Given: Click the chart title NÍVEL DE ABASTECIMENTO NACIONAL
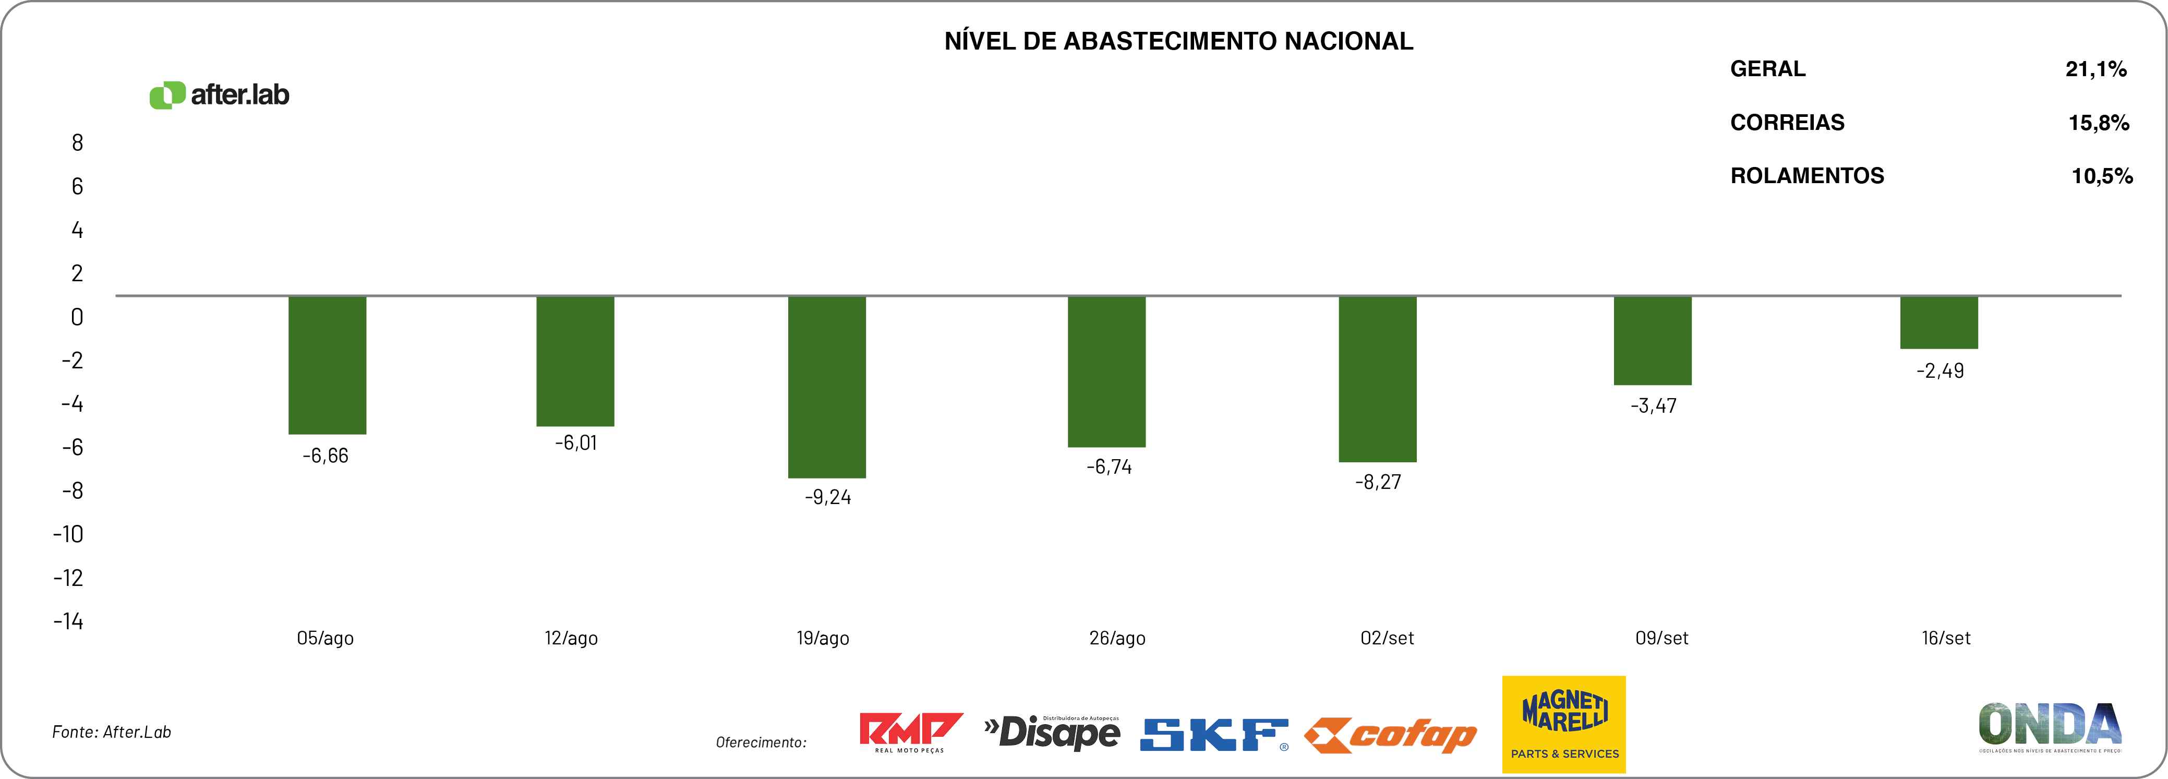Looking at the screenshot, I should pyautogui.click(x=1178, y=41).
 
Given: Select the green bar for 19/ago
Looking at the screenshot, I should pyautogui.click(x=826, y=387).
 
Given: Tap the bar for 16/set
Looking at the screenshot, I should pyautogui.click(x=1938, y=322).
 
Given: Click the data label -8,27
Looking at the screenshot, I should pyautogui.click(x=1378, y=482).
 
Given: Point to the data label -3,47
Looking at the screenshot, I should pyautogui.click(x=1653, y=406).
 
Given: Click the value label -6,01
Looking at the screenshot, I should pyautogui.click(x=576, y=443).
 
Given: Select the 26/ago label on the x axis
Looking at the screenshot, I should pyautogui.click(x=1117, y=638).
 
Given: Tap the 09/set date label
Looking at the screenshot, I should pyautogui.click(x=1661, y=638).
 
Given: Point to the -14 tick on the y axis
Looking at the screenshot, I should pyautogui.click(x=69, y=621).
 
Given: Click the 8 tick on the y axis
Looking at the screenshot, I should pyautogui.click(x=77, y=143).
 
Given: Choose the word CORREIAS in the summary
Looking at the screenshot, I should pyautogui.click(x=1787, y=123).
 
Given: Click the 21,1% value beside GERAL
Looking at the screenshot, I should pyautogui.click(x=2095, y=69).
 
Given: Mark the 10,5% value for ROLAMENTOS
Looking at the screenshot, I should pyautogui.click(x=2102, y=176).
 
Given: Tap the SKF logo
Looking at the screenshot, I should pyautogui.click(x=1213, y=734).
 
